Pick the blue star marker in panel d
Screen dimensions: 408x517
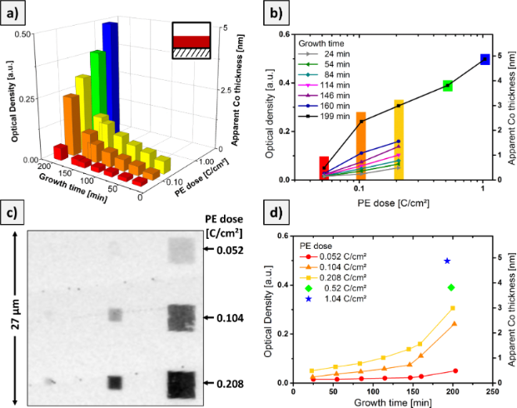click(x=447, y=261)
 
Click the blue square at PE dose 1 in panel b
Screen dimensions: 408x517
click(x=485, y=59)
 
